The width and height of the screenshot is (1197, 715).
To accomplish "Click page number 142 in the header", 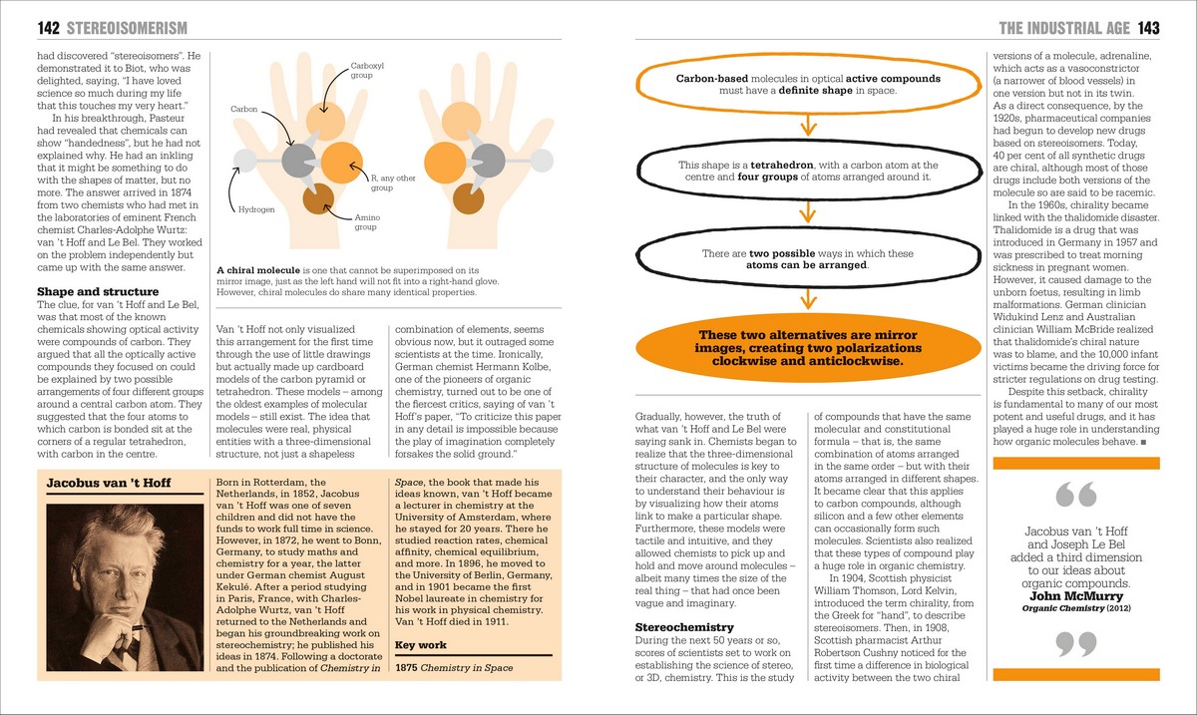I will [x=50, y=28].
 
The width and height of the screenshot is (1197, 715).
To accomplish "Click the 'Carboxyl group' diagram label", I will [x=361, y=70].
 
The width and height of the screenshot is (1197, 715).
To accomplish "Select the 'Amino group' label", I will [x=368, y=222].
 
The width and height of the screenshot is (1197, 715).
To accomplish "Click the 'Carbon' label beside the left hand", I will [x=243, y=108].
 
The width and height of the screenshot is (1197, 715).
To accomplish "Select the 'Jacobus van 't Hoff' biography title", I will [x=109, y=484].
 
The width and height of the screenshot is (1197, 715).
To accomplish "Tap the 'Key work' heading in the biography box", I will [x=421, y=645].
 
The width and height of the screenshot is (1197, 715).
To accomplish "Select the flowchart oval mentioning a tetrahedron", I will [x=807, y=172].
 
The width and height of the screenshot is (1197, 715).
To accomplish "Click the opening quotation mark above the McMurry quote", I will [x=1074, y=495].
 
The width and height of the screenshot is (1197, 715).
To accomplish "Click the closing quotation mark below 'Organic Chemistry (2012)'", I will [x=1075, y=644].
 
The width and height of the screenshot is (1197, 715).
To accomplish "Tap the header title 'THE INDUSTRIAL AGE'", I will [x=1061, y=28].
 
